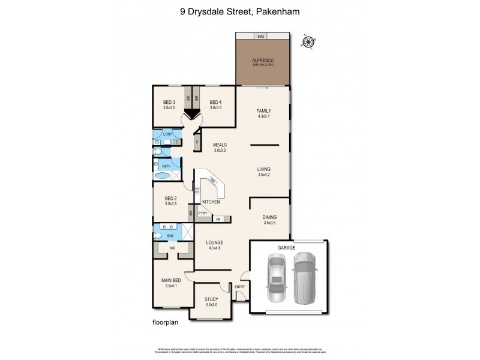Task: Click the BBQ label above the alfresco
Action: [261, 37]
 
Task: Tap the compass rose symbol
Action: [308, 42]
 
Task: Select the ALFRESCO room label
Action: [263, 62]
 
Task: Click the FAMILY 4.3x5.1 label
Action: [263, 113]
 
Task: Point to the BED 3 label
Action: [169, 104]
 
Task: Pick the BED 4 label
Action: [215, 104]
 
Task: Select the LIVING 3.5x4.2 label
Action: [264, 172]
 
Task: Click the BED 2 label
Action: [171, 200]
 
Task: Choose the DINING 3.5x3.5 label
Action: [270, 220]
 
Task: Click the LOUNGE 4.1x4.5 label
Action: [214, 245]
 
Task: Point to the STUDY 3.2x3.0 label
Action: [211, 301]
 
